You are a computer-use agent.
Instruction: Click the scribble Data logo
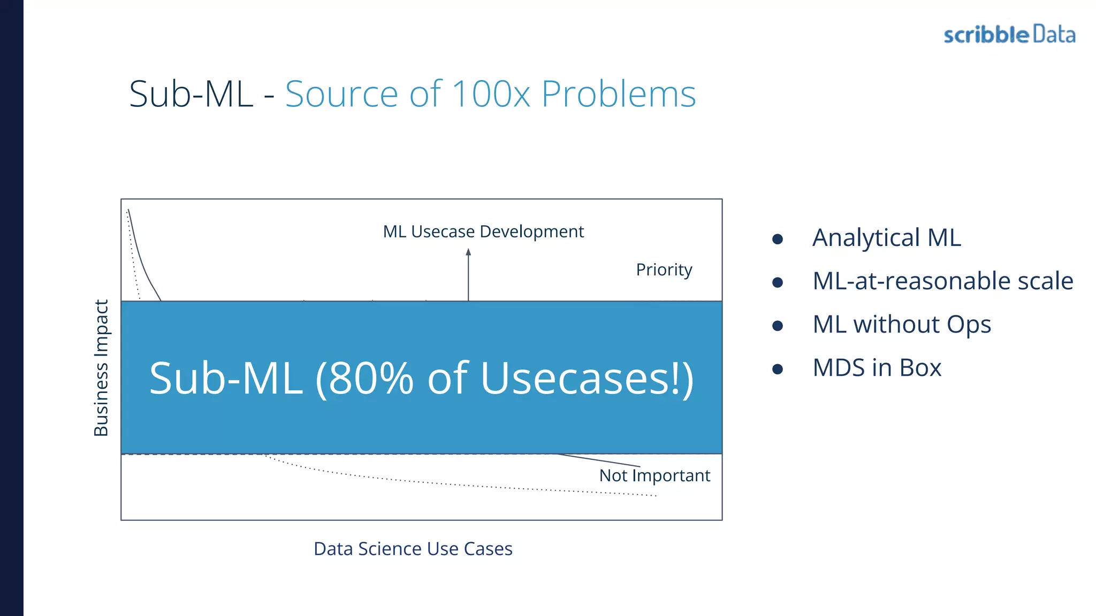(x=1009, y=35)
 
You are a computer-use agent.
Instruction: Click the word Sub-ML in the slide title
(x=191, y=94)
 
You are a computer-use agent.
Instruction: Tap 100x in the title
(x=491, y=94)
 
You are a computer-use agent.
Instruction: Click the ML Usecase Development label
(x=483, y=232)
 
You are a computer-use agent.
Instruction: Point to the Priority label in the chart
(x=664, y=269)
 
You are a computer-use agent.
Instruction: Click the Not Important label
(x=654, y=475)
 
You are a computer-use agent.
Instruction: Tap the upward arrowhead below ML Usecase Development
(x=468, y=252)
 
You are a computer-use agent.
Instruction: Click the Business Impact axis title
(x=101, y=368)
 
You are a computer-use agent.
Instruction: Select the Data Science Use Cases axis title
(x=413, y=549)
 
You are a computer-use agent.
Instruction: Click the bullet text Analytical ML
(x=886, y=238)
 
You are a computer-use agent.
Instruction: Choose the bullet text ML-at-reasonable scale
(x=942, y=281)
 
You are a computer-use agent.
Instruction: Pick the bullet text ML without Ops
(x=902, y=325)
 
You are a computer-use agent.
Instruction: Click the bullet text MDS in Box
(x=877, y=368)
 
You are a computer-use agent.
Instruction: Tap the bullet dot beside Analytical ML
(x=778, y=239)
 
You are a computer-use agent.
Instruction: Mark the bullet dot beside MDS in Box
(x=778, y=369)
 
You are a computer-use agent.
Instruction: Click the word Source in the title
(x=341, y=94)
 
